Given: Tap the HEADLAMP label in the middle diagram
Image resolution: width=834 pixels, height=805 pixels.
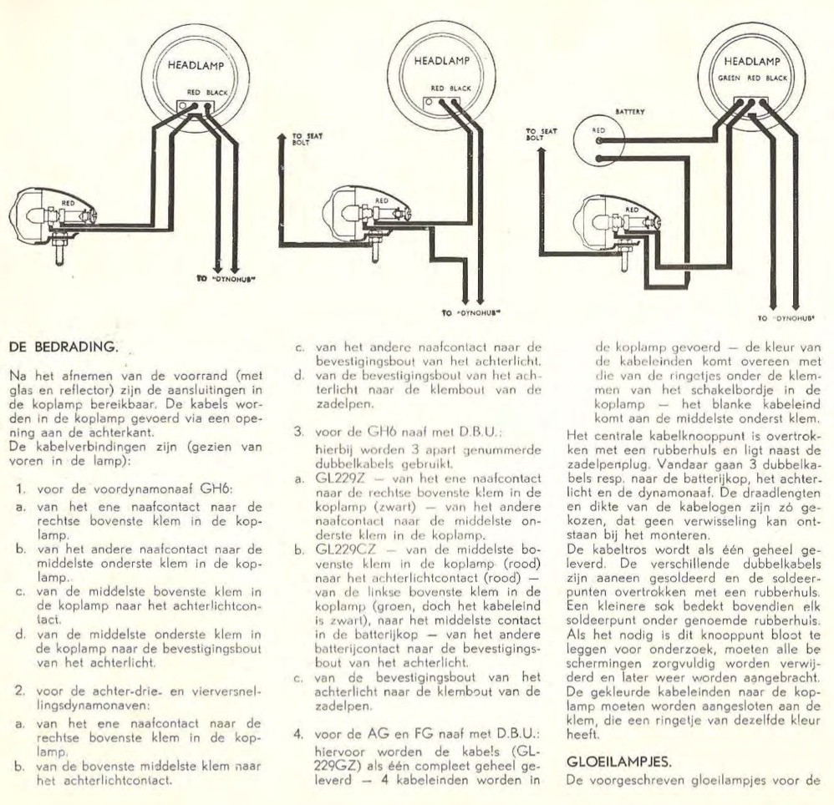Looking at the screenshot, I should pos(442,61).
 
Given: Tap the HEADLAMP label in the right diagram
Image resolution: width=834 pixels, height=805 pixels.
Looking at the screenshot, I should pos(752,62).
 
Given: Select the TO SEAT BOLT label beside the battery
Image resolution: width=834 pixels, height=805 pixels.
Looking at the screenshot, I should pos(541,134).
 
